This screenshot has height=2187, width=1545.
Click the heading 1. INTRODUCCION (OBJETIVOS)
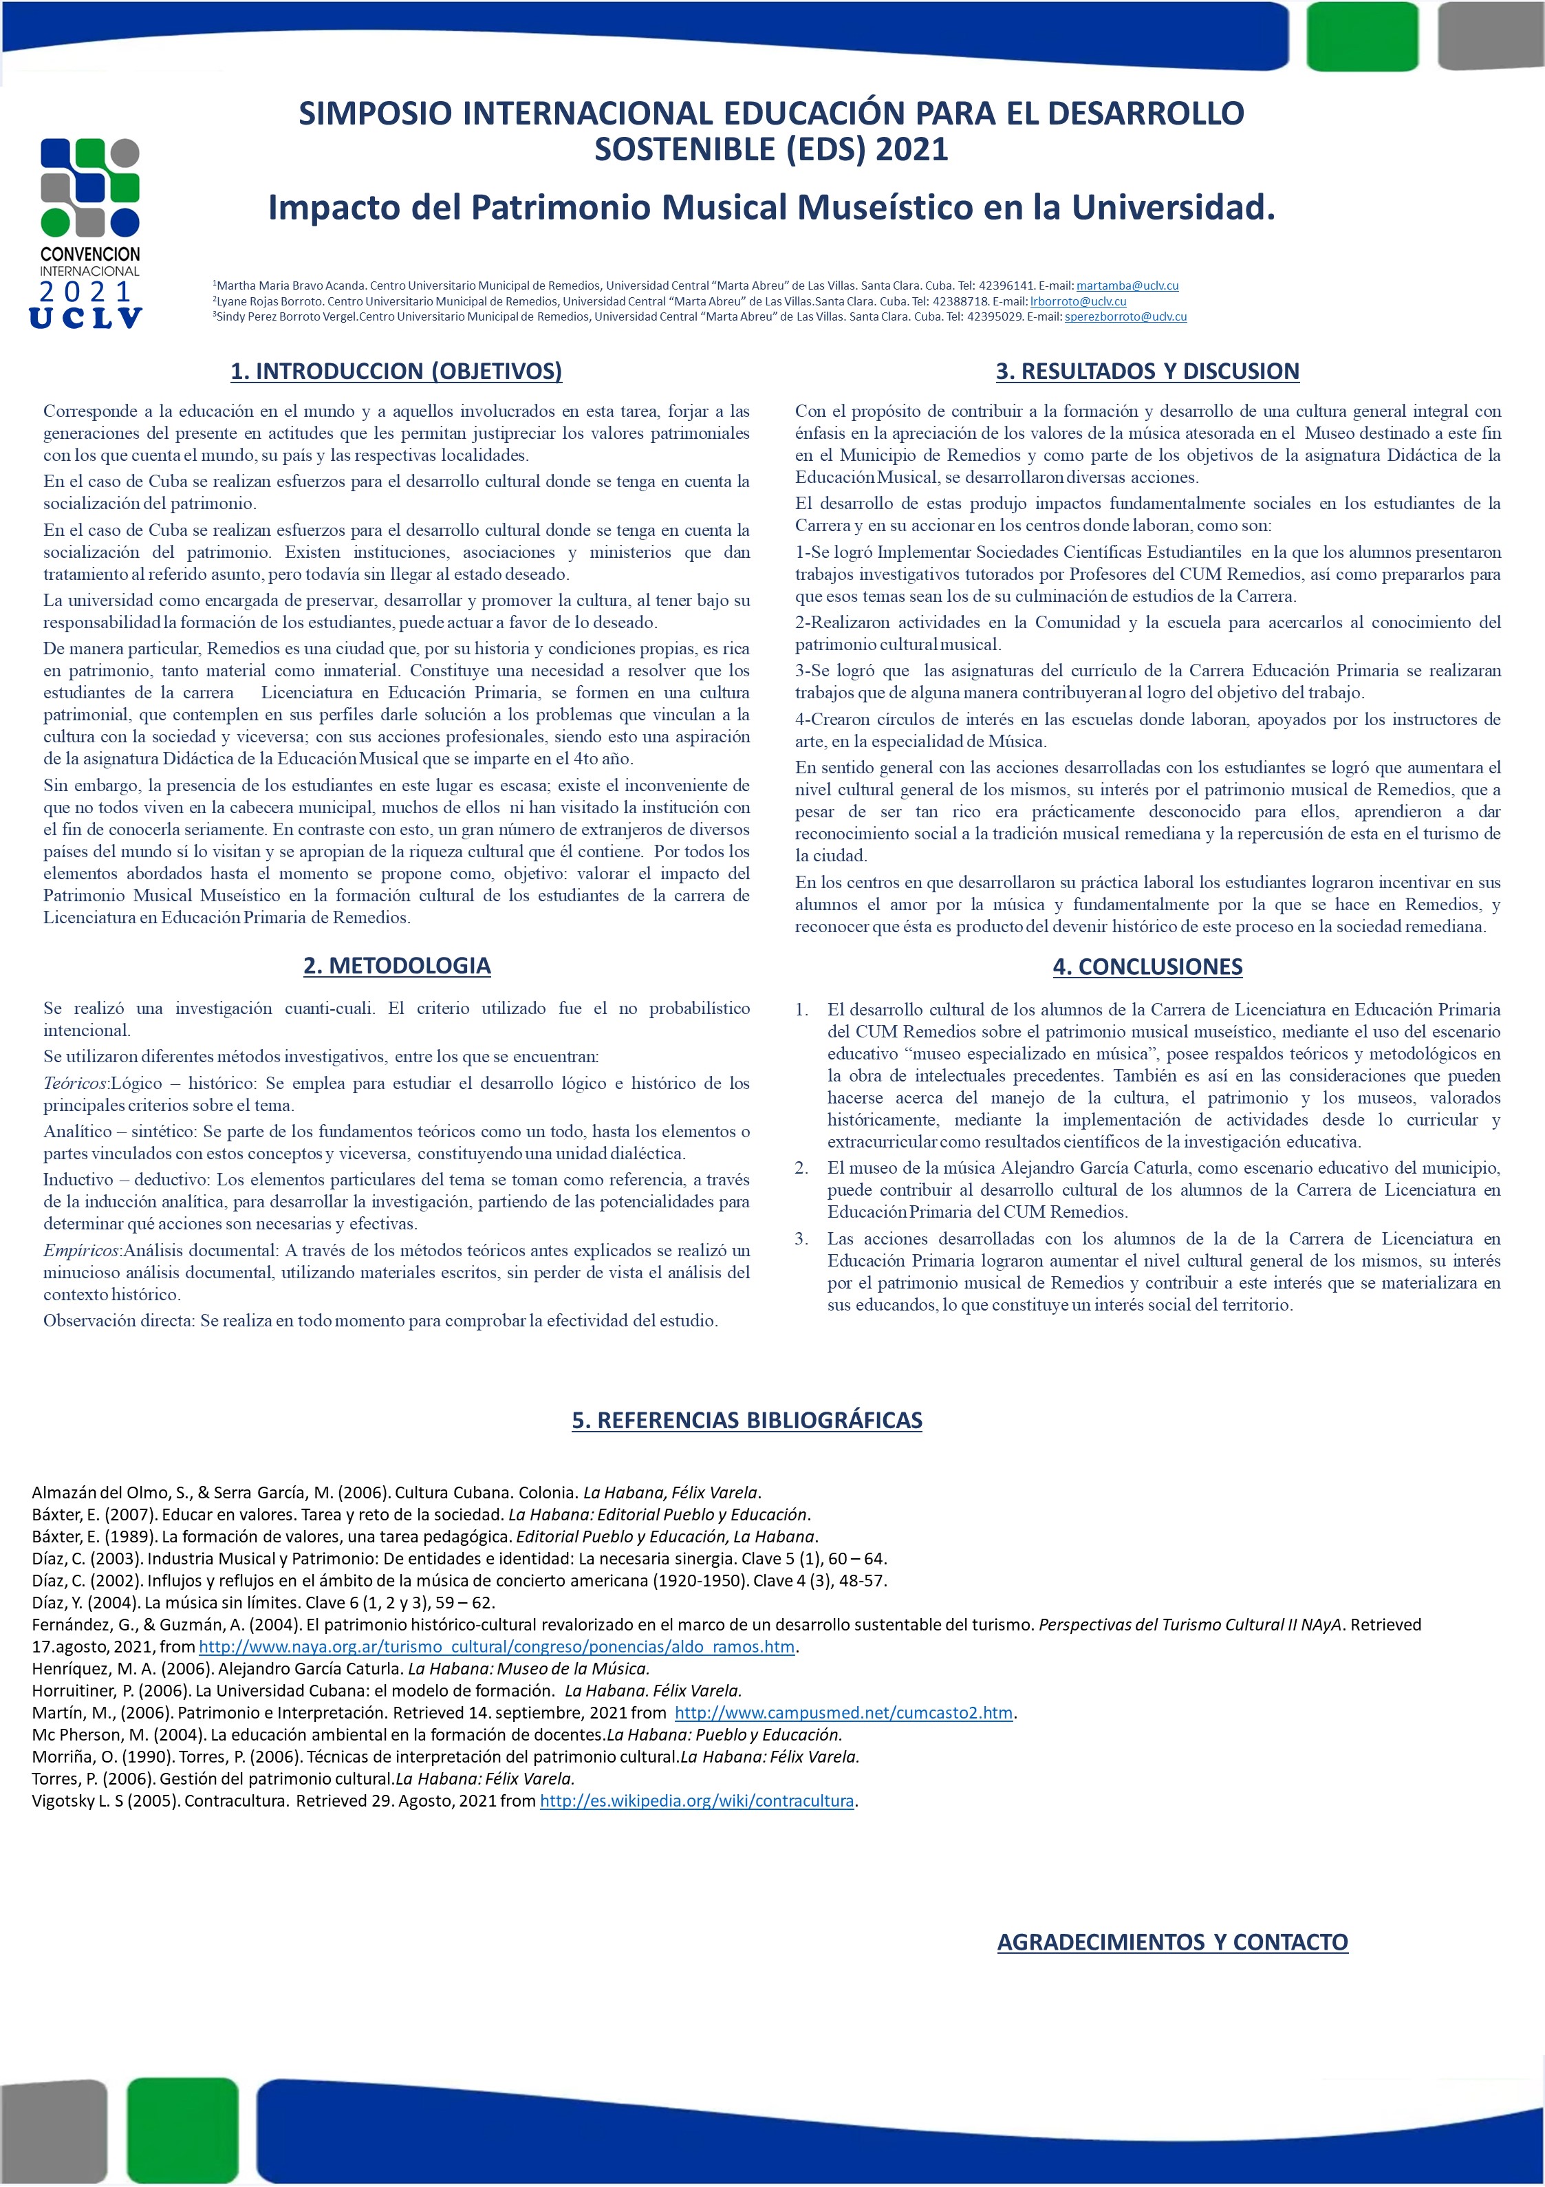coord(396,371)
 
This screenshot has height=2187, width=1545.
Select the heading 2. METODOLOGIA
coord(396,965)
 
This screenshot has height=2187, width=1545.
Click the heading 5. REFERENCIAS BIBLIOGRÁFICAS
coord(747,1419)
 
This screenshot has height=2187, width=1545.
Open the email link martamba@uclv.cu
coord(1127,286)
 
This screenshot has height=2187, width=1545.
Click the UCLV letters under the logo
coord(86,318)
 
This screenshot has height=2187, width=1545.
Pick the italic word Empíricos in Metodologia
coord(82,1250)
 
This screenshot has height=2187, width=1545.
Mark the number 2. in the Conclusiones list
coord(802,1167)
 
